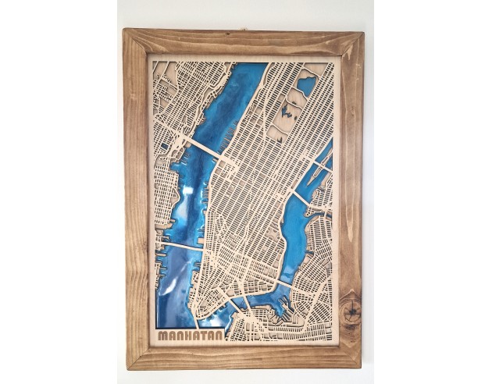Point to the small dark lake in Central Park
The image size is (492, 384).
point(280,118)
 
